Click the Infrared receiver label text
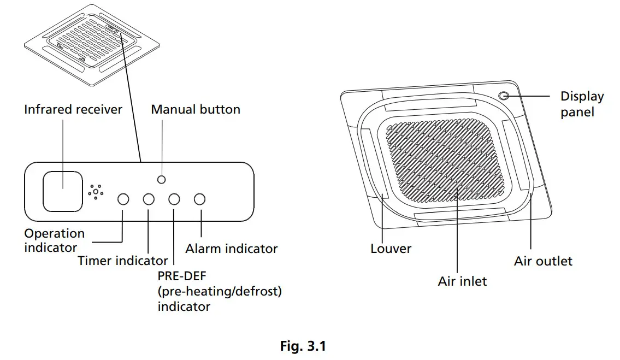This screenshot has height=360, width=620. (73, 109)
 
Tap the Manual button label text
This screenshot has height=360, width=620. (196, 109)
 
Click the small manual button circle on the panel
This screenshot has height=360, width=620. (161, 180)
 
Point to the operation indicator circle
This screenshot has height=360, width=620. (123, 199)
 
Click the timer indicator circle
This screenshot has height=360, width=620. (149, 199)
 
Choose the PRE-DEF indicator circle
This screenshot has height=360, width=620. (174, 199)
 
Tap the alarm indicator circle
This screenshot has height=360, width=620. (200, 199)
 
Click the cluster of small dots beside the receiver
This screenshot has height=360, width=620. (96, 192)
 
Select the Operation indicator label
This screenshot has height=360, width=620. (55, 240)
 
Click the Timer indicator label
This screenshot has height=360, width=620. (123, 261)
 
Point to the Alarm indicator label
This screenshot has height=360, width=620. (232, 249)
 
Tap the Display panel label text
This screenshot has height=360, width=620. (581, 104)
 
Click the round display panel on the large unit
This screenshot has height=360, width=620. (504, 96)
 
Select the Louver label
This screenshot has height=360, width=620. (391, 249)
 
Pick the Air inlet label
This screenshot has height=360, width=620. (462, 281)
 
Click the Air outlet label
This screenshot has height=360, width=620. (543, 261)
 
